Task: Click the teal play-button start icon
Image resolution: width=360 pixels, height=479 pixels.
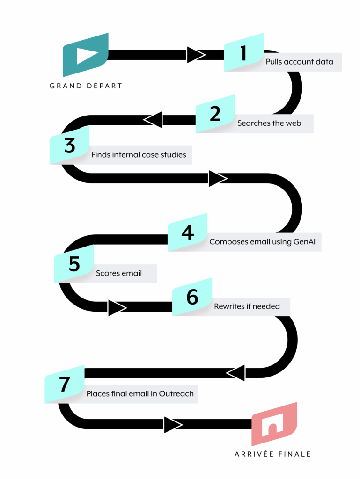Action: click(86, 55)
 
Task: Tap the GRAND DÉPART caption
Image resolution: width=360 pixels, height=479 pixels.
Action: click(86, 86)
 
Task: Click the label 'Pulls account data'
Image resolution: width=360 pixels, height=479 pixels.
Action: click(300, 62)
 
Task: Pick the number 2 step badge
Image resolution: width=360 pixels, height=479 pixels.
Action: click(215, 114)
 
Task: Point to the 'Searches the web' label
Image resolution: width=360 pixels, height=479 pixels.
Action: click(269, 123)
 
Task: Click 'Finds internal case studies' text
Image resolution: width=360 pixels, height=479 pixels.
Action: click(139, 155)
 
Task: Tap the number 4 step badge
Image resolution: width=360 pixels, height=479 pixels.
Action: click(187, 232)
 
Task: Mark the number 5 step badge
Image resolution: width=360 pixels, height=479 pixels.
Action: click(74, 264)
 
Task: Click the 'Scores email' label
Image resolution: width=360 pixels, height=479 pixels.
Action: click(119, 273)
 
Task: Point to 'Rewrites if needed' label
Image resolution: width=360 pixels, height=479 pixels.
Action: click(247, 307)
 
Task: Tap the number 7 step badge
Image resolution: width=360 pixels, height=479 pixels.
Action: click(65, 384)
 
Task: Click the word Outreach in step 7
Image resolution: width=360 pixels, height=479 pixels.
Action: click(176, 394)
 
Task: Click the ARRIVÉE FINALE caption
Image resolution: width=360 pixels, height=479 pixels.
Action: click(273, 454)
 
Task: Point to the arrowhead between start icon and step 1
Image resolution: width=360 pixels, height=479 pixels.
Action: click(195, 55)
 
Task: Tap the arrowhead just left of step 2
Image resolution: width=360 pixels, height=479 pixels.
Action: click(153, 120)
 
